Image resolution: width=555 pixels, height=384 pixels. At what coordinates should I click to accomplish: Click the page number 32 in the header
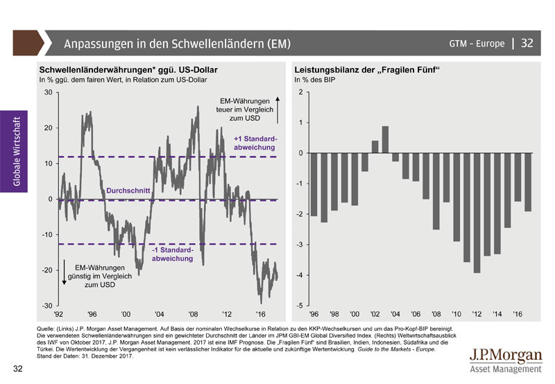coord(527,43)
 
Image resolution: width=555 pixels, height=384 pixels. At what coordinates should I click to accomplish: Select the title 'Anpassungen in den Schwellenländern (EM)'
coord(177,44)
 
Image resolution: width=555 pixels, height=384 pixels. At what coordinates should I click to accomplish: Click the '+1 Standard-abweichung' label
coord(255,143)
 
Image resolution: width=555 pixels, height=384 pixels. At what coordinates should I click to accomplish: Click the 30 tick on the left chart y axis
coord(48,92)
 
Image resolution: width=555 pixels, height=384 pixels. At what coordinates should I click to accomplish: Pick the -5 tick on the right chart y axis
coord(298,306)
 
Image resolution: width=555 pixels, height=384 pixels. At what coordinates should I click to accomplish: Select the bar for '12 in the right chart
coord(477,213)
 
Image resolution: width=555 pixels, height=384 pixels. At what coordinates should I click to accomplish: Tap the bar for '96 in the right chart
coord(314,184)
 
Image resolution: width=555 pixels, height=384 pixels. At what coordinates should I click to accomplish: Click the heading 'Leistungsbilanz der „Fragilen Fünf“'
coord(368,71)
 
